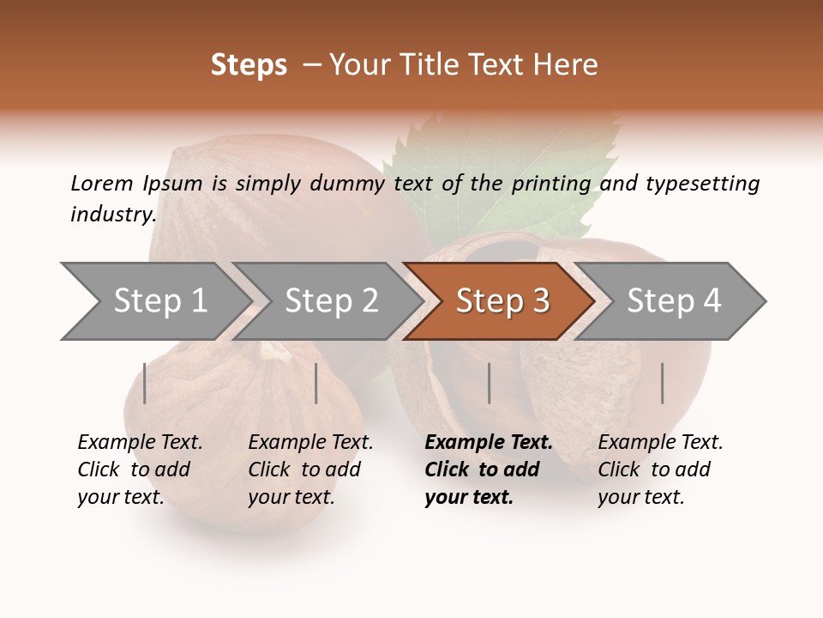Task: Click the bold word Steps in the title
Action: click(249, 65)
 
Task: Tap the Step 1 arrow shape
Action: click(159, 301)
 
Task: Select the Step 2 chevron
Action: click(331, 301)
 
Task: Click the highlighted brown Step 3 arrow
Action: click(502, 301)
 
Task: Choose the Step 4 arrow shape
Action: click(674, 301)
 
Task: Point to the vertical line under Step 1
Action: click(145, 383)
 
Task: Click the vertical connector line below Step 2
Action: click(316, 383)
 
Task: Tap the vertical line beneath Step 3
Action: click(489, 383)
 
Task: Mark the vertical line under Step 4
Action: click(662, 383)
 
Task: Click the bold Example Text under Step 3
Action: click(489, 443)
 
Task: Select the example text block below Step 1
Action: click(139, 470)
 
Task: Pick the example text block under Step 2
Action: click(310, 470)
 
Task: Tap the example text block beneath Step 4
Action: click(660, 470)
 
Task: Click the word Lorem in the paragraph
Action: click(101, 184)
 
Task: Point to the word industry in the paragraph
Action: click(112, 215)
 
